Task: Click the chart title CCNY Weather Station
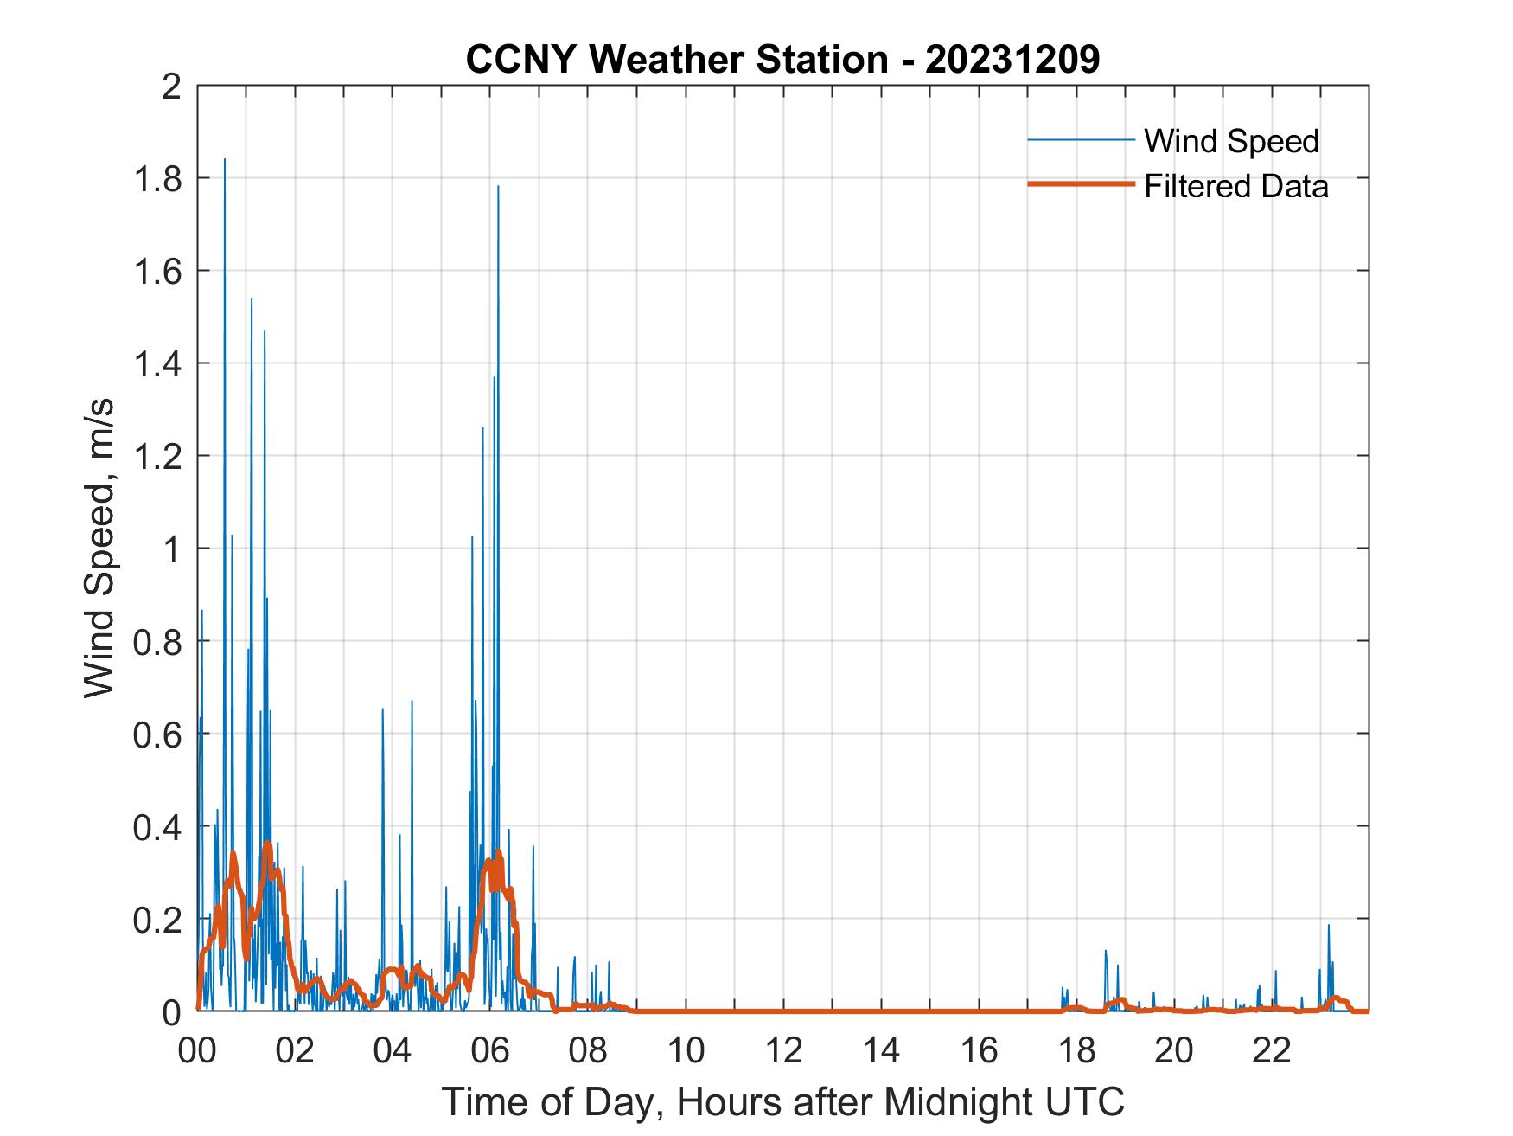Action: (x=782, y=60)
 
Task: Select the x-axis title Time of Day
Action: (x=782, y=1101)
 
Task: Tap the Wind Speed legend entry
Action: (x=1231, y=141)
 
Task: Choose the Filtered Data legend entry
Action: (x=1235, y=186)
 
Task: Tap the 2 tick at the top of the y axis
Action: (x=172, y=87)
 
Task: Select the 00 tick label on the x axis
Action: (x=197, y=1050)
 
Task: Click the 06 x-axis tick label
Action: (x=490, y=1050)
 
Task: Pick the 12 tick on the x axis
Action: (x=783, y=1050)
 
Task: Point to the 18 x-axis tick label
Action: (x=1076, y=1050)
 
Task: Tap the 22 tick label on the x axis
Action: (x=1272, y=1050)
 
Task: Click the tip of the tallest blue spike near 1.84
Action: (x=225, y=160)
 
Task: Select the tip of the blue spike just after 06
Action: (x=498, y=186)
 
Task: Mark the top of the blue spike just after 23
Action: (x=1329, y=926)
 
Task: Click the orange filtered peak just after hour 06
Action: (x=498, y=852)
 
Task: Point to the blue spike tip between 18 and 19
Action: (x=1105, y=951)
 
